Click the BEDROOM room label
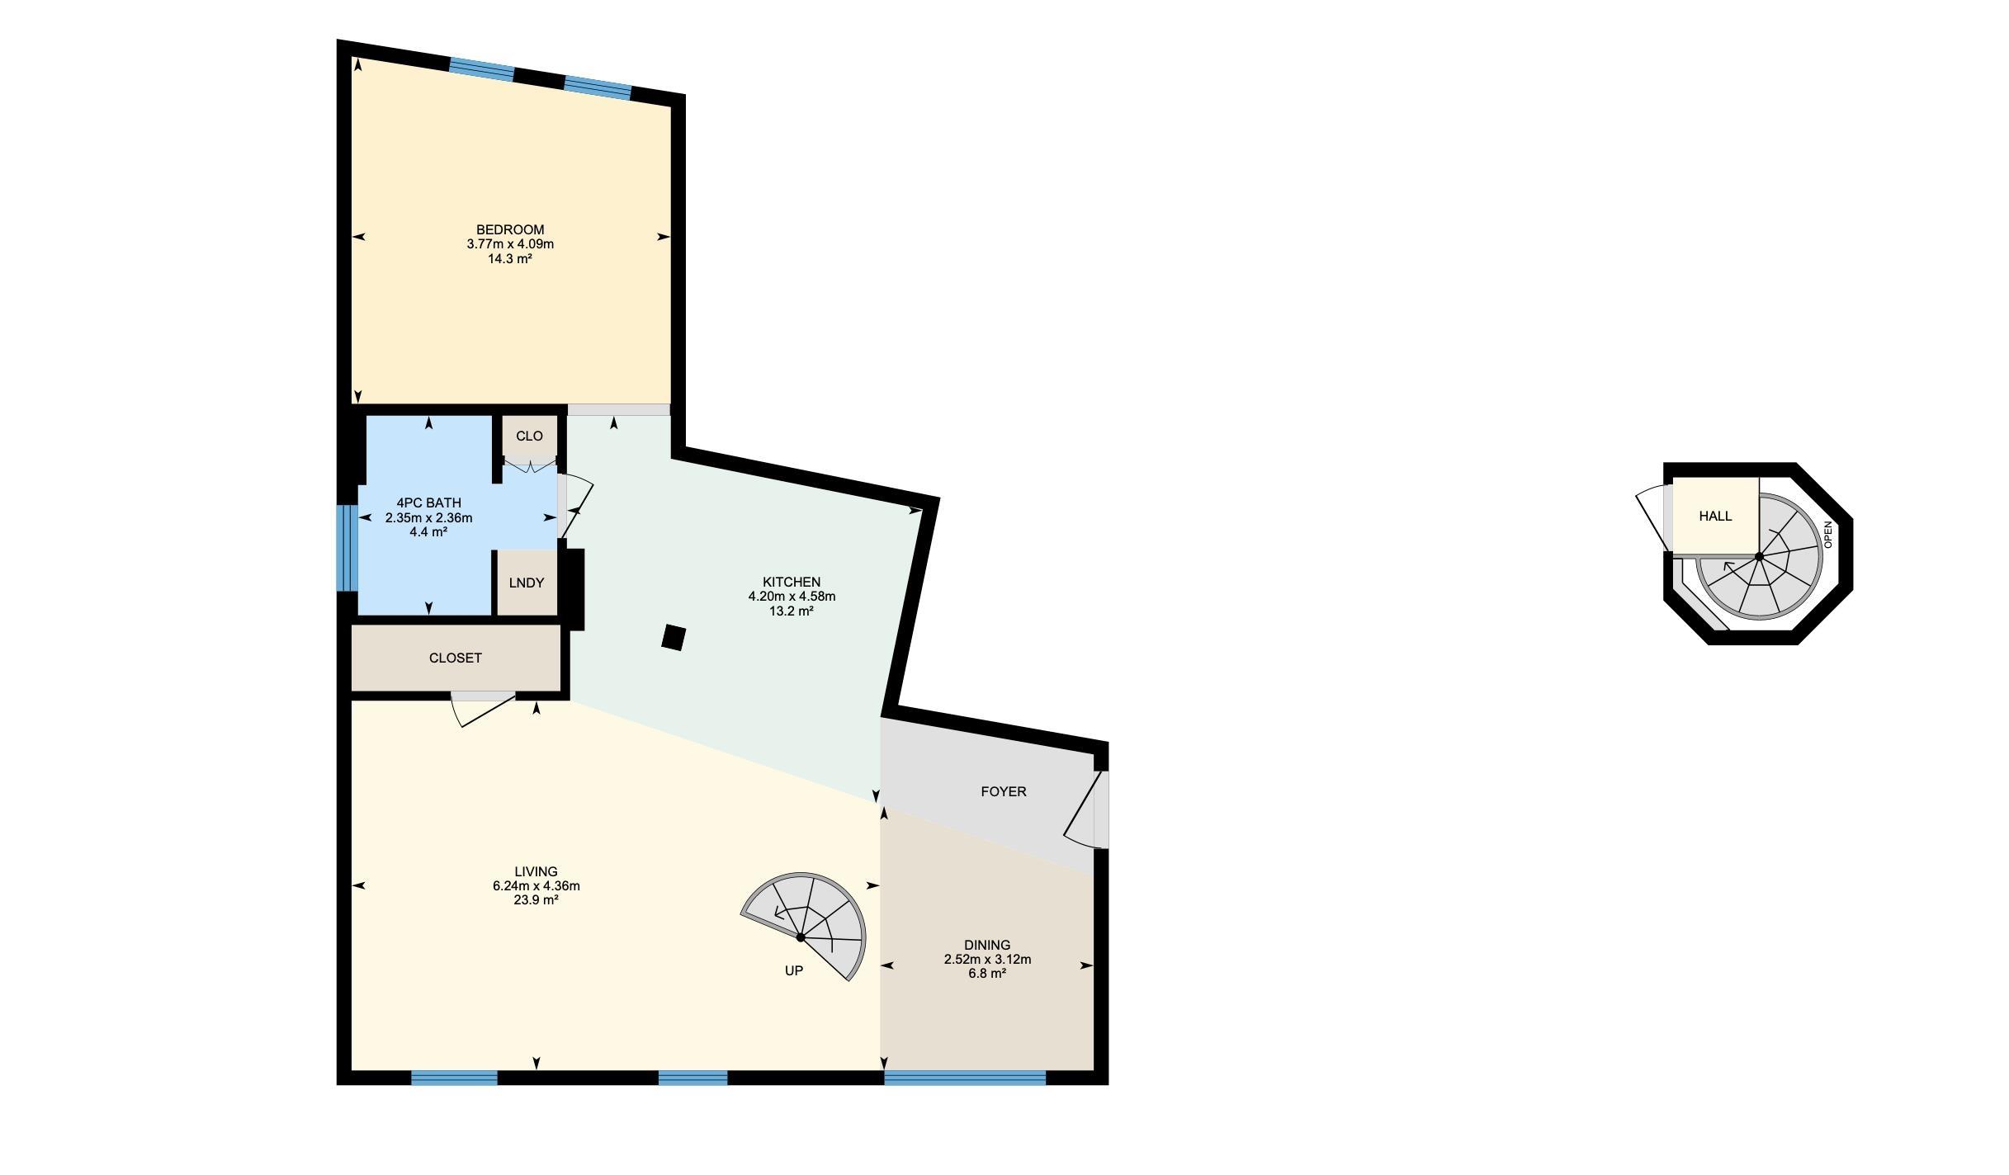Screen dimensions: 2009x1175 coord(510,229)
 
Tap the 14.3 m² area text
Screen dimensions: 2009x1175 coord(509,258)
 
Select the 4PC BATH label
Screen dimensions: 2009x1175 coord(428,503)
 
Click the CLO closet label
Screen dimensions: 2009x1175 coord(529,436)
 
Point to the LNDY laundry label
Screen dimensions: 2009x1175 coord(527,583)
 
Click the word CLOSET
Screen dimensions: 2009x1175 coord(456,658)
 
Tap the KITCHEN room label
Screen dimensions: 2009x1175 coord(792,582)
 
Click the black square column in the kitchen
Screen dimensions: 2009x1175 coord(674,638)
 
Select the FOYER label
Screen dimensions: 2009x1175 coord(1004,791)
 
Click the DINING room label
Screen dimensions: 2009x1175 coord(987,945)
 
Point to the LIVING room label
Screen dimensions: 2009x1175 coord(536,871)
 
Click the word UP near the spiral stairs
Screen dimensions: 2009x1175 coord(793,970)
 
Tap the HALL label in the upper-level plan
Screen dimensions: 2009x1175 coord(1715,516)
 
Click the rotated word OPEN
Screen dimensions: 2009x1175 coord(1827,535)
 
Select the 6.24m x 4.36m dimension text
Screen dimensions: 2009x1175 coord(536,886)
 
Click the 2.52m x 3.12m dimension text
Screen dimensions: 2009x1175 coord(987,959)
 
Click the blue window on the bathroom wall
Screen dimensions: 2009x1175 coord(347,548)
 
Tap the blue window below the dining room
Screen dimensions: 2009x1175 coord(965,1078)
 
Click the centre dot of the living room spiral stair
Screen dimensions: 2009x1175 coord(801,937)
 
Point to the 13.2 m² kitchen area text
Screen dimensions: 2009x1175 coord(792,611)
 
